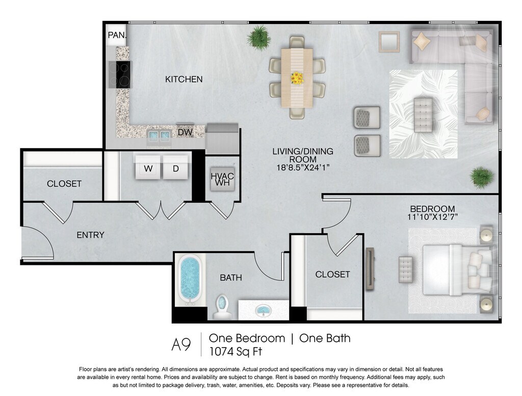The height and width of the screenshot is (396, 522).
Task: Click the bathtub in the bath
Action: click(x=190, y=280)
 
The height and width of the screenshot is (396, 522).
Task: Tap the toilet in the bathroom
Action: click(x=221, y=306)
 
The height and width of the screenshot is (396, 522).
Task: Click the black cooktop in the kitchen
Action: click(x=120, y=75)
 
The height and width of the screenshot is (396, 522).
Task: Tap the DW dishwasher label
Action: click(x=185, y=132)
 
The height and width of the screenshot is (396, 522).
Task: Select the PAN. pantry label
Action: click(x=117, y=35)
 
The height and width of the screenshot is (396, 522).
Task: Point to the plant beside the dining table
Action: click(x=258, y=37)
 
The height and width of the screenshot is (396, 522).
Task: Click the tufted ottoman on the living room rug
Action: click(x=423, y=115)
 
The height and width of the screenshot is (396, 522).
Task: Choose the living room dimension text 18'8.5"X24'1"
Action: click(x=303, y=168)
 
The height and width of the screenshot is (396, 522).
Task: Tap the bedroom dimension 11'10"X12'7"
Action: click(x=432, y=217)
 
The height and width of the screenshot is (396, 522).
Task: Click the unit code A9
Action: click(x=181, y=344)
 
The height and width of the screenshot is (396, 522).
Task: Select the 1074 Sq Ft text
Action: click(x=236, y=352)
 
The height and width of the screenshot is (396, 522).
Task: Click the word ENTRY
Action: click(x=91, y=235)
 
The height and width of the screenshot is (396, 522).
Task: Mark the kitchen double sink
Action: click(x=159, y=135)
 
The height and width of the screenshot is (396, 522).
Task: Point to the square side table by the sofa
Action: click(x=389, y=42)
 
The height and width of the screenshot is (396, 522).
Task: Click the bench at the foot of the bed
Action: click(x=405, y=269)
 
